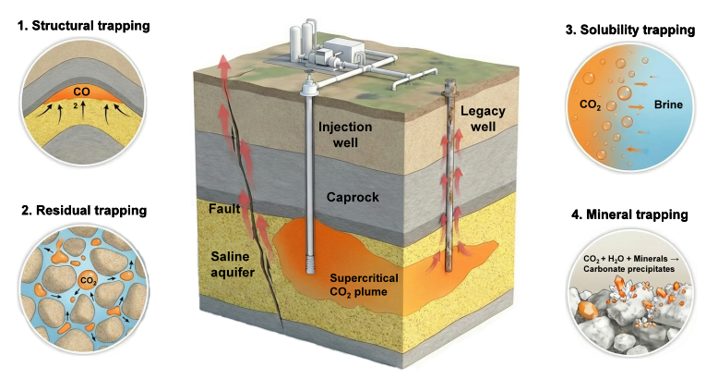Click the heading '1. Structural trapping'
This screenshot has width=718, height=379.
83,26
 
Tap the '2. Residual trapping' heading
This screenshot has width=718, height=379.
84,211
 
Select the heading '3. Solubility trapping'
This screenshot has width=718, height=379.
630,31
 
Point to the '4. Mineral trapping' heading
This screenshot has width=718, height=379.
629,214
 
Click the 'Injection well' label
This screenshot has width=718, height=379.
345,134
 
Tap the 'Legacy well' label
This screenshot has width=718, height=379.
483,118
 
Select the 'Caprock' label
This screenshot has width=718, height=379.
353,197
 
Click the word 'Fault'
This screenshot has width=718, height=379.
224,209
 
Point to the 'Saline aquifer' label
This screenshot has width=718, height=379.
233,264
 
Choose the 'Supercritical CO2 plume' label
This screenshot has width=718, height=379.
364,285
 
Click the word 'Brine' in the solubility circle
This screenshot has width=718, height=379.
668,104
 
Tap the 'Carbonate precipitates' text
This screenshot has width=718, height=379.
628,269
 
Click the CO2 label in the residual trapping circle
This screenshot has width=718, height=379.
89,280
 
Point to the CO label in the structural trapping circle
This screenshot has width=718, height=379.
81,92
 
